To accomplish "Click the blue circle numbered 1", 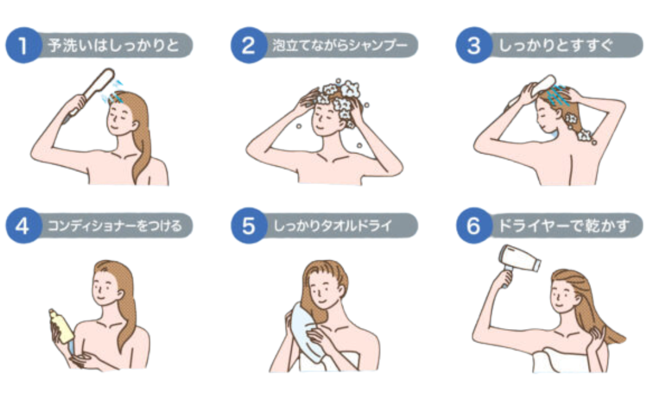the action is point(23,45).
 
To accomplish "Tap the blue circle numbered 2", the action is point(248,45).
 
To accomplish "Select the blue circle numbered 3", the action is point(474,45).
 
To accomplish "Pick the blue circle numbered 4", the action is point(23,226).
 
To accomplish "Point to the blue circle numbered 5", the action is point(248,226).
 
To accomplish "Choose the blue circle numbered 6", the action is point(474,226).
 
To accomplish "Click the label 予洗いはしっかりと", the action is point(113,45).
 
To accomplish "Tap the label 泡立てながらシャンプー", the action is point(340,45).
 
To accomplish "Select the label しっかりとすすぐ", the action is point(555,45).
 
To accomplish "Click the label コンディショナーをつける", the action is point(114,226).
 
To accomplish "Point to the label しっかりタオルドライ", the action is point(332,226).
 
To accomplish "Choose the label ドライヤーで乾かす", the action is point(563,226).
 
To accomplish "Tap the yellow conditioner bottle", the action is point(62,326).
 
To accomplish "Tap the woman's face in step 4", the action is point(105,287).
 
